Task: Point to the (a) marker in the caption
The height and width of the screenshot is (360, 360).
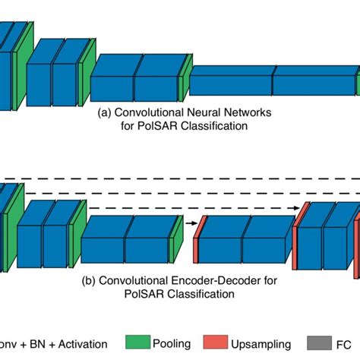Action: click(x=105, y=112)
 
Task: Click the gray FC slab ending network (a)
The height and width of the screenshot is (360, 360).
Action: click(x=357, y=81)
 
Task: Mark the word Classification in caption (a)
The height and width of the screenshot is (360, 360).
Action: click(x=216, y=125)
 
